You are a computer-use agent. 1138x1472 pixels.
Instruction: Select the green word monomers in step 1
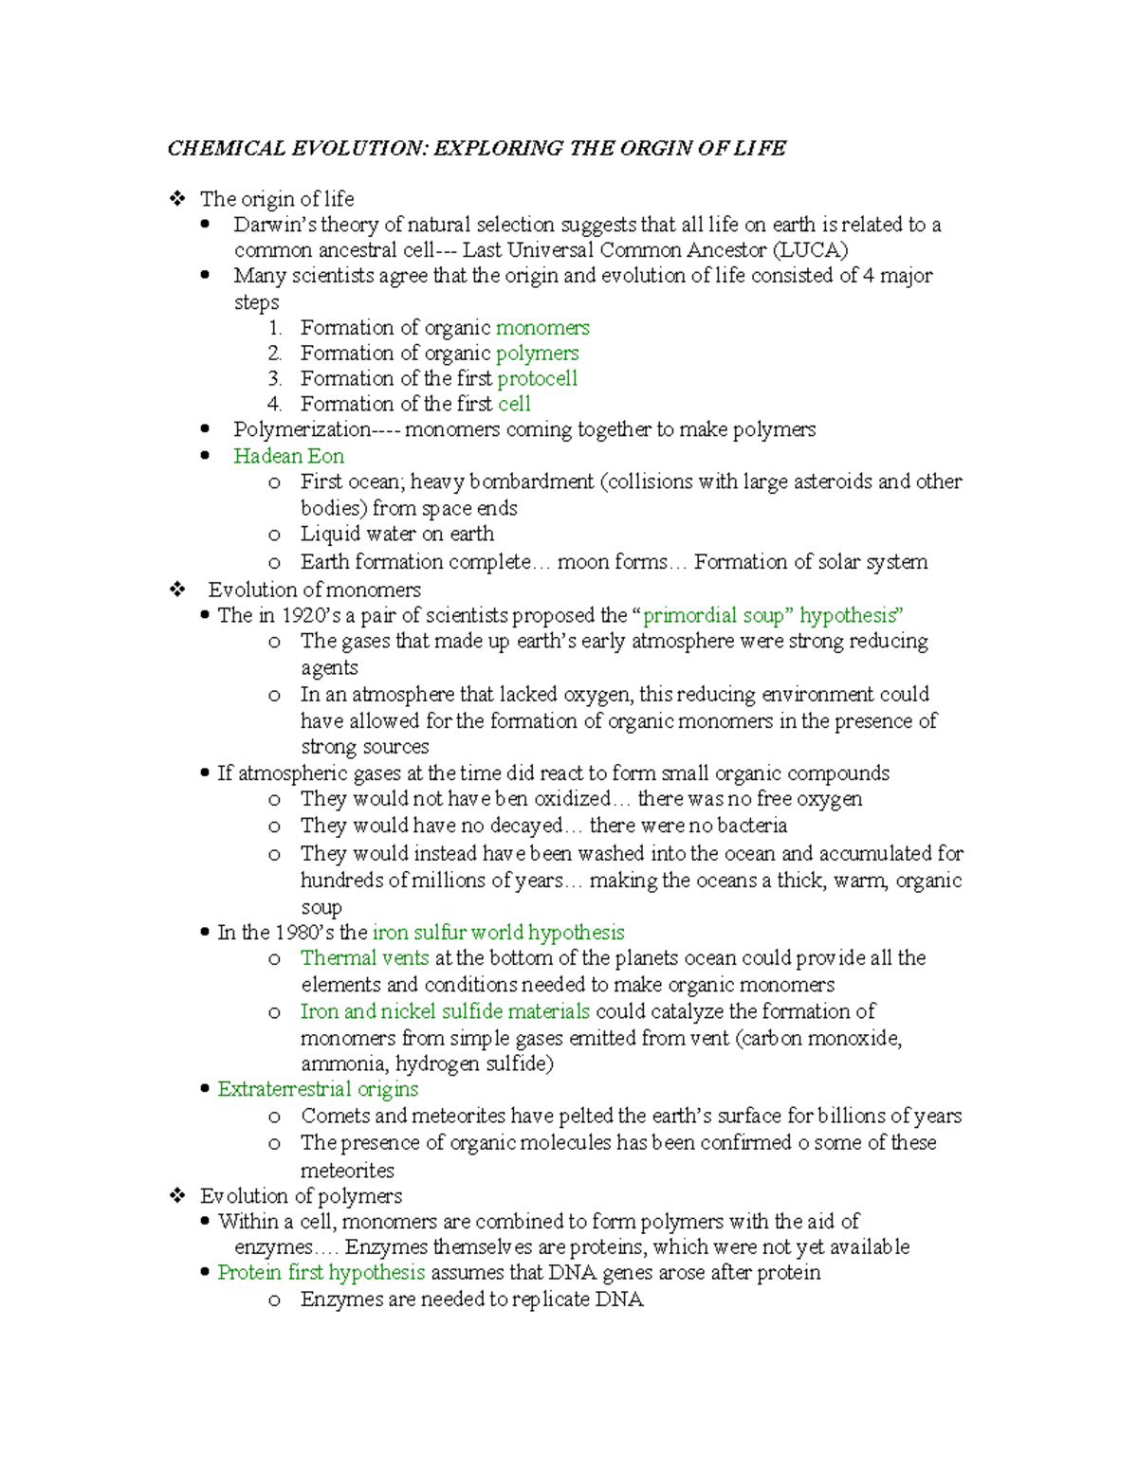(x=542, y=328)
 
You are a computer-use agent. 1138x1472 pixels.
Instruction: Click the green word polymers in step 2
(x=537, y=354)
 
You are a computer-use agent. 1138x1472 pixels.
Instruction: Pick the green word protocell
(x=537, y=379)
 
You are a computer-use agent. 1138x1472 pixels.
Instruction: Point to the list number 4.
(x=274, y=405)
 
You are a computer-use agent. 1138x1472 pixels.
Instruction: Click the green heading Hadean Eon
(x=288, y=456)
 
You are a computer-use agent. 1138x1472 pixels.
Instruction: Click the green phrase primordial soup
(x=713, y=615)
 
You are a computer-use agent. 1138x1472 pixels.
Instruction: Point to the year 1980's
(x=303, y=933)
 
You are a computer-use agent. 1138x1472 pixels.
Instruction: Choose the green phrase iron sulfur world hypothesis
(x=498, y=933)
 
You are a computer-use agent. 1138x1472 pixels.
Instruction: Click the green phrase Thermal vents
(x=364, y=958)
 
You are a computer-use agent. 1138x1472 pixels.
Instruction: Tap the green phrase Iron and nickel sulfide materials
(x=445, y=1011)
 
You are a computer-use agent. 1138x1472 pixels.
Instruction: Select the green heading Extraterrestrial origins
(x=318, y=1089)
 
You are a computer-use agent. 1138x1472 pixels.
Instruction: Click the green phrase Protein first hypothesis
(x=321, y=1272)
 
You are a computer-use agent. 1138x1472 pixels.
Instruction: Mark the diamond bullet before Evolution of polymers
(x=177, y=1195)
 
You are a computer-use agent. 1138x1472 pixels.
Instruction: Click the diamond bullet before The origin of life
(x=177, y=199)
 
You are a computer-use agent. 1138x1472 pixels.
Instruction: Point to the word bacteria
(x=751, y=826)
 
